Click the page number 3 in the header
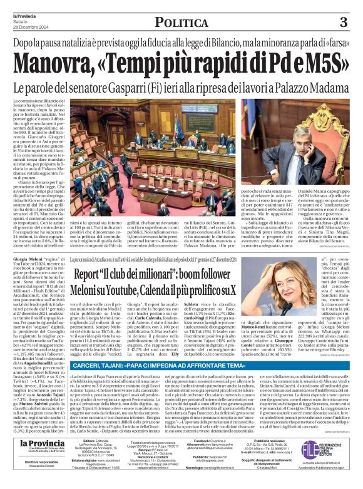pyautogui.click(x=343, y=23)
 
